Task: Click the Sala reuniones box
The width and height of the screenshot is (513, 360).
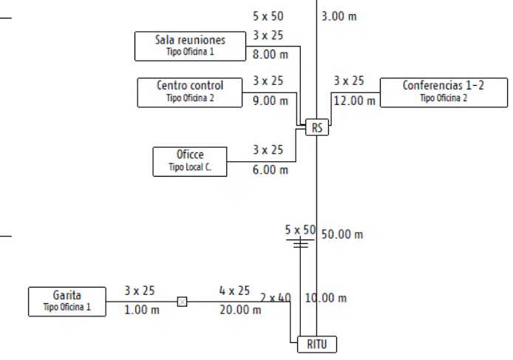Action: (x=190, y=46)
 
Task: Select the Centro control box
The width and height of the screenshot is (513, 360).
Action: (x=190, y=92)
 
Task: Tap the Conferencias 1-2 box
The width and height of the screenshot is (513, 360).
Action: (x=444, y=92)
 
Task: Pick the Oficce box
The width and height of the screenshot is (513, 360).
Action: (x=190, y=162)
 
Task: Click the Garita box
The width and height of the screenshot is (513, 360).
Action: (x=67, y=302)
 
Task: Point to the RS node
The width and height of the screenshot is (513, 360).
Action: (x=317, y=127)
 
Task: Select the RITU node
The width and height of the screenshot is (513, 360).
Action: (x=317, y=344)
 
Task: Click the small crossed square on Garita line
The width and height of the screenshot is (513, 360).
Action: (x=183, y=302)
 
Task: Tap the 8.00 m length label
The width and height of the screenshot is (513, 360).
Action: (x=271, y=54)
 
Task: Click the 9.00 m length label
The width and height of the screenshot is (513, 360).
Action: (x=271, y=101)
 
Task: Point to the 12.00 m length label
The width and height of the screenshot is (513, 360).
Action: (x=354, y=101)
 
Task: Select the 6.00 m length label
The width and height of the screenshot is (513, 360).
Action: (x=271, y=170)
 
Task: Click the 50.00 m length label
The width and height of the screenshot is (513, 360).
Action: (x=342, y=234)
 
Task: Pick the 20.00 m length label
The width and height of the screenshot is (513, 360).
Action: (x=240, y=310)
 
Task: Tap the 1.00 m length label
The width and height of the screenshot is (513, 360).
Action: (x=142, y=310)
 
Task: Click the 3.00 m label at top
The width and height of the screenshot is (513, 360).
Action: (x=339, y=16)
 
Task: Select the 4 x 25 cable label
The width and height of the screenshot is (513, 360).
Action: (x=234, y=291)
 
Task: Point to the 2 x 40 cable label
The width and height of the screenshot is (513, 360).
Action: (x=276, y=298)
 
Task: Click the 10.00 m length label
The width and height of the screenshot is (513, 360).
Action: (x=325, y=298)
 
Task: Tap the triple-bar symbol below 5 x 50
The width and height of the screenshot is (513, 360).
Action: (x=300, y=243)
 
